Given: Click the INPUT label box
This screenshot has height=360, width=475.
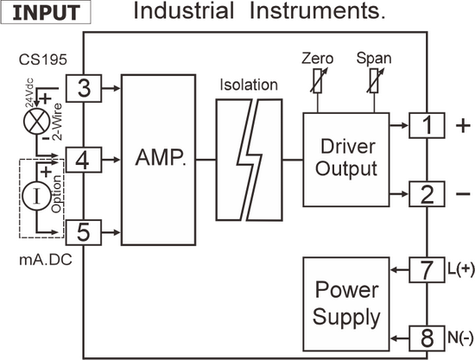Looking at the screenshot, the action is click(46, 12).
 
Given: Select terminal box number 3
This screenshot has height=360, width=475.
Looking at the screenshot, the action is click(84, 88).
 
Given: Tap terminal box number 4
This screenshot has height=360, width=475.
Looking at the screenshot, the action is click(84, 160).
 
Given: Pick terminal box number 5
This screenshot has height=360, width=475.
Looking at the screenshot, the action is click(84, 232).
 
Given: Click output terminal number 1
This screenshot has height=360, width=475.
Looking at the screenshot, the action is click(427, 125).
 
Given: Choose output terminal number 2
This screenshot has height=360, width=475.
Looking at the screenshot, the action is click(427, 194).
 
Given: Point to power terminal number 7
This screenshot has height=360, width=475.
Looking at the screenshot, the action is click(427, 269).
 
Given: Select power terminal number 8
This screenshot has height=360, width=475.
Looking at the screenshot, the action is click(427, 338).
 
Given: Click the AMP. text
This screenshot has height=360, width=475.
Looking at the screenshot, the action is click(161, 158).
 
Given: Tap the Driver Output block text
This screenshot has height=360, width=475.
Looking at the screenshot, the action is click(346, 158).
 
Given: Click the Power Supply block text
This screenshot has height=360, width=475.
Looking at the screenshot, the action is click(346, 304).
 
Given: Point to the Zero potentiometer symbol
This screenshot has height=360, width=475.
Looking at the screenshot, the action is click(318, 80).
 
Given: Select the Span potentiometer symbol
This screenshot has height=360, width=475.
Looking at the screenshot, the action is click(374, 80).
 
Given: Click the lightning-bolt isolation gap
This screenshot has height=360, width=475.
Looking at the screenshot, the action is click(250, 160).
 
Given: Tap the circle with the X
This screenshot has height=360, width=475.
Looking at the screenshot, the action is click(37, 122).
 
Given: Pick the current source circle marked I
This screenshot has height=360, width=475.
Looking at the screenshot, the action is click(37, 196).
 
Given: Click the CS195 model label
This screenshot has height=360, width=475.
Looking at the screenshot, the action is click(42, 60).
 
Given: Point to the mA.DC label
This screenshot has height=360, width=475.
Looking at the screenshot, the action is click(46, 260).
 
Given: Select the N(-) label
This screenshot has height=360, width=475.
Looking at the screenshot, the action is click(460, 337).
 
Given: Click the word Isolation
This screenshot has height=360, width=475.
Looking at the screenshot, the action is click(249, 85).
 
